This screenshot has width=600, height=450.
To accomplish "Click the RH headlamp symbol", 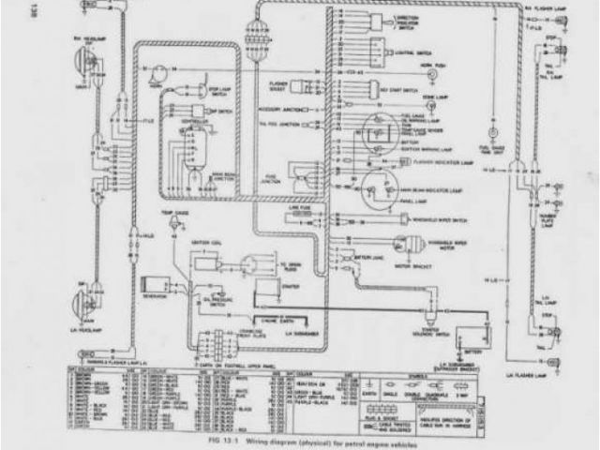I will tap(78, 65).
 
